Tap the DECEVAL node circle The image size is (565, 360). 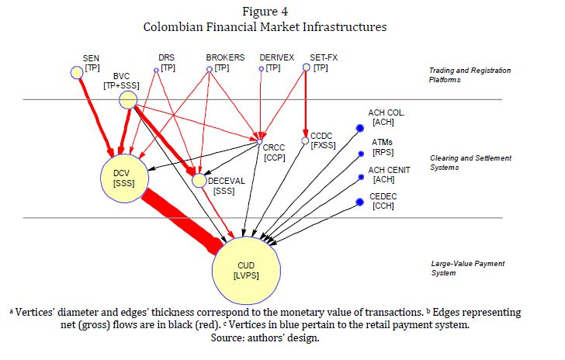pos(199,181)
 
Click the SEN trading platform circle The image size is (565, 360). pos(77,72)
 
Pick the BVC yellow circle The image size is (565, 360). pos(128,100)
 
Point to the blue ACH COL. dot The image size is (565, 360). pos(359,128)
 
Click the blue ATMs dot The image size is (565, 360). pos(359,154)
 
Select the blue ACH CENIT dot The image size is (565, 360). pos(359,178)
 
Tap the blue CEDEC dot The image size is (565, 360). pos(359,203)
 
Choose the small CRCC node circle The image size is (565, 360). pos(258,142)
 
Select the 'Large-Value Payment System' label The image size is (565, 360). pos(467,268)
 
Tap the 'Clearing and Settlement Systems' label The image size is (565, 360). pos(470,163)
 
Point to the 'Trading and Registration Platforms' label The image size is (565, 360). pos(470,75)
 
